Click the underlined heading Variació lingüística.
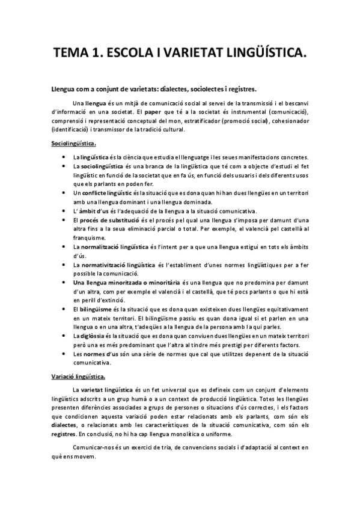[x=78, y=377]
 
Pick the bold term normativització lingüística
[x=118, y=264]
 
